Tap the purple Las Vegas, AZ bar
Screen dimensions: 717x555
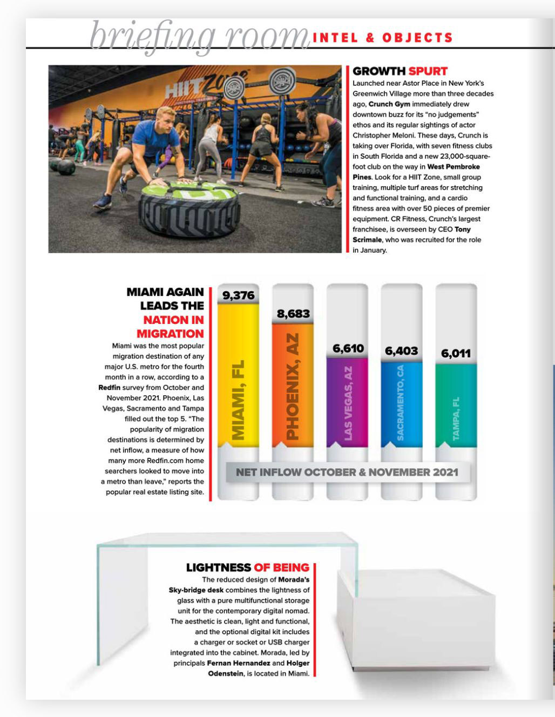(x=347, y=402)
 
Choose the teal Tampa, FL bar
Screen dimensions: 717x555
(x=456, y=405)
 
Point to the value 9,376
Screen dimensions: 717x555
(x=238, y=295)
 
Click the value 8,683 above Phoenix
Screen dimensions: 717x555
(x=293, y=314)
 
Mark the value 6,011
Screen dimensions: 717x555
(x=456, y=354)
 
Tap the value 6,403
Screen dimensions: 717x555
(x=401, y=351)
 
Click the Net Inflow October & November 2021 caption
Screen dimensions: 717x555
(x=347, y=472)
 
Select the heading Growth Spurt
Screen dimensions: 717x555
(x=400, y=71)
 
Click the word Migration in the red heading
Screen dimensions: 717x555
(x=170, y=334)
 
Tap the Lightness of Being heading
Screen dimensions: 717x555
(x=247, y=567)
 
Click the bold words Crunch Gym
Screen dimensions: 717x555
(x=389, y=104)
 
